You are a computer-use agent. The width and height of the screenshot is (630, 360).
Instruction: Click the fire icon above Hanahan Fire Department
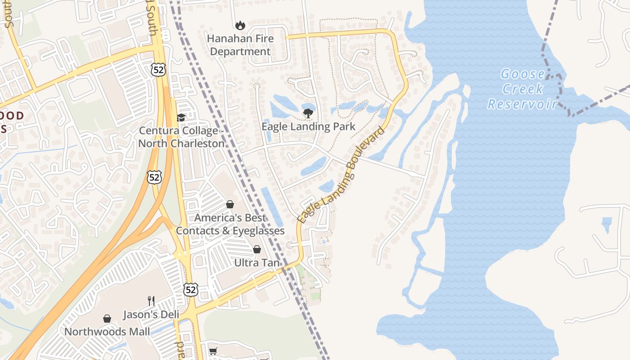point(240,26)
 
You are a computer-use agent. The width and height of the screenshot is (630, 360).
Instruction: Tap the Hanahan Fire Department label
point(240,45)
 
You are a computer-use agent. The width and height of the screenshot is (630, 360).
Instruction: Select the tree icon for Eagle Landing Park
point(308,113)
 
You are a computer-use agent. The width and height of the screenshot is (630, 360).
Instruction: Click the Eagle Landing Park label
point(308,126)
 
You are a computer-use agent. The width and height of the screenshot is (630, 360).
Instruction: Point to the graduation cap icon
point(181,117)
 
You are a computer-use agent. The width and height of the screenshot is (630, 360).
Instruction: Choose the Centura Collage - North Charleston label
point(181,137)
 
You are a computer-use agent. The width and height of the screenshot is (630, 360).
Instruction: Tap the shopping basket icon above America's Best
point(230,204)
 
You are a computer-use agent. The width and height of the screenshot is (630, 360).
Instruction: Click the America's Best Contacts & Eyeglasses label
point(230,224)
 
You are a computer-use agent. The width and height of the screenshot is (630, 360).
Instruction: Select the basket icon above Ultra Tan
point(257,249)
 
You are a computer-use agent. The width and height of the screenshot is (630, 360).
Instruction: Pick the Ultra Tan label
point(257,262)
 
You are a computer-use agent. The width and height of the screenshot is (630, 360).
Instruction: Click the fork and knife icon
point(151,301)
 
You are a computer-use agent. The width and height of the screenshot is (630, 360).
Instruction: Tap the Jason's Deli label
point(151,315)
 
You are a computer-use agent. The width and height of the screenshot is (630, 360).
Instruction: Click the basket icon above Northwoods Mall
point(107,319)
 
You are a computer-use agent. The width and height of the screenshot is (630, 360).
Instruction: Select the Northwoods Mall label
point(107,332)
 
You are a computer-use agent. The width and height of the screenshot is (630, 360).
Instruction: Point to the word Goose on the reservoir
point(522,74)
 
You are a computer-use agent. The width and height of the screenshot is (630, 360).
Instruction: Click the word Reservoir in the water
point(522,104)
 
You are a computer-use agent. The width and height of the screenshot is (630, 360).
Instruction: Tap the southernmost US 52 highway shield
point(190,289)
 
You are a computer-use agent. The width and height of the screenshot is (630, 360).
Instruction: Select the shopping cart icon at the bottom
point(213,351)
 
